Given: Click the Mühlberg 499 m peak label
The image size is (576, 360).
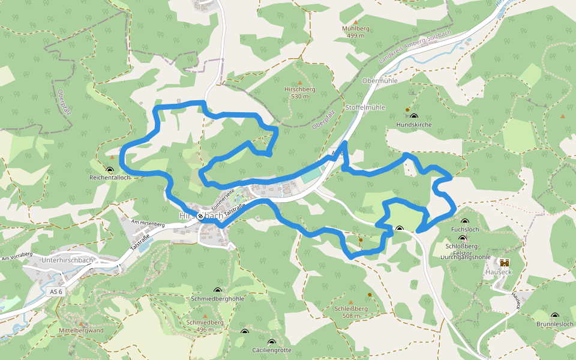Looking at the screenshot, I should click(x=356, y=32).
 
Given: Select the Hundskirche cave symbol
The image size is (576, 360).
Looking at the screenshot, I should click(x=414, y=116).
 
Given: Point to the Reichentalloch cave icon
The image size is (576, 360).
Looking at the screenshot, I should click(x=110, y=170).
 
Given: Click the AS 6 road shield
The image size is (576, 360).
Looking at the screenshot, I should click(x=56, y=291).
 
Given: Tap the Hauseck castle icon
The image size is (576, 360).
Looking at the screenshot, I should click(x=504, y=262).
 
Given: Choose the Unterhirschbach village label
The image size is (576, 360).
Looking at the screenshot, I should click(x=67, y=260).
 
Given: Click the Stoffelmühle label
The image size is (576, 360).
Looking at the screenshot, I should click(x=365, y=107).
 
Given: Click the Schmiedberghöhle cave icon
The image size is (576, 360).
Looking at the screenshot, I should click(x=217, y=290).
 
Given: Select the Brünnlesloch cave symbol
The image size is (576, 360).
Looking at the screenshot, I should click(x=554, y=316).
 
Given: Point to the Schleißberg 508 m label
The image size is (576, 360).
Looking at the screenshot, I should click(x=351, y=312).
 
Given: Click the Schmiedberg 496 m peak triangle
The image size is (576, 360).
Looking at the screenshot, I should click(x=205, y=316).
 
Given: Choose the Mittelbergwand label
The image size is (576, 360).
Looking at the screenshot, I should click(x=81, y=331).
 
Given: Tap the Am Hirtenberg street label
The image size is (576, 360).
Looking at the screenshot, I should click(x=148, y=223).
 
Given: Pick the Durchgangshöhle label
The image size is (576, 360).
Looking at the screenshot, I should click(x=466, y=256).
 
